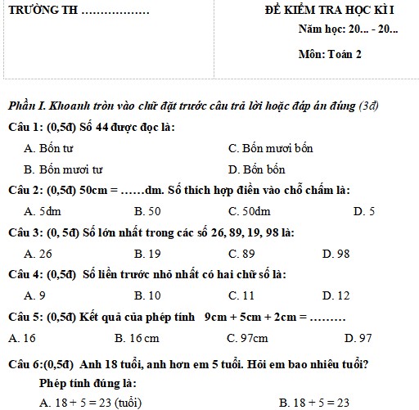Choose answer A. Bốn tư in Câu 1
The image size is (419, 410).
(49, 149)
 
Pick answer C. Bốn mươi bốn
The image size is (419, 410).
(270, 149)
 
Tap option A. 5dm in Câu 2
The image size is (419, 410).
(40, 211)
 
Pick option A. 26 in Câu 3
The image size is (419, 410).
(38, 254)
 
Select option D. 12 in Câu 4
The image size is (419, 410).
(336, 295)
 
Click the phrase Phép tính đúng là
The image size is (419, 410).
(87, 383)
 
